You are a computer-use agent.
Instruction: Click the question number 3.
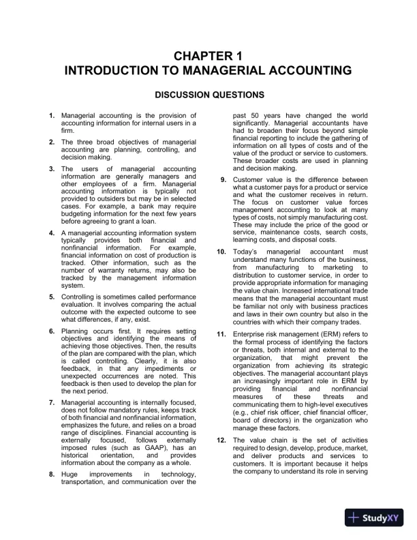52,168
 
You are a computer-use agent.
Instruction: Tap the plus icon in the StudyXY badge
353,517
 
